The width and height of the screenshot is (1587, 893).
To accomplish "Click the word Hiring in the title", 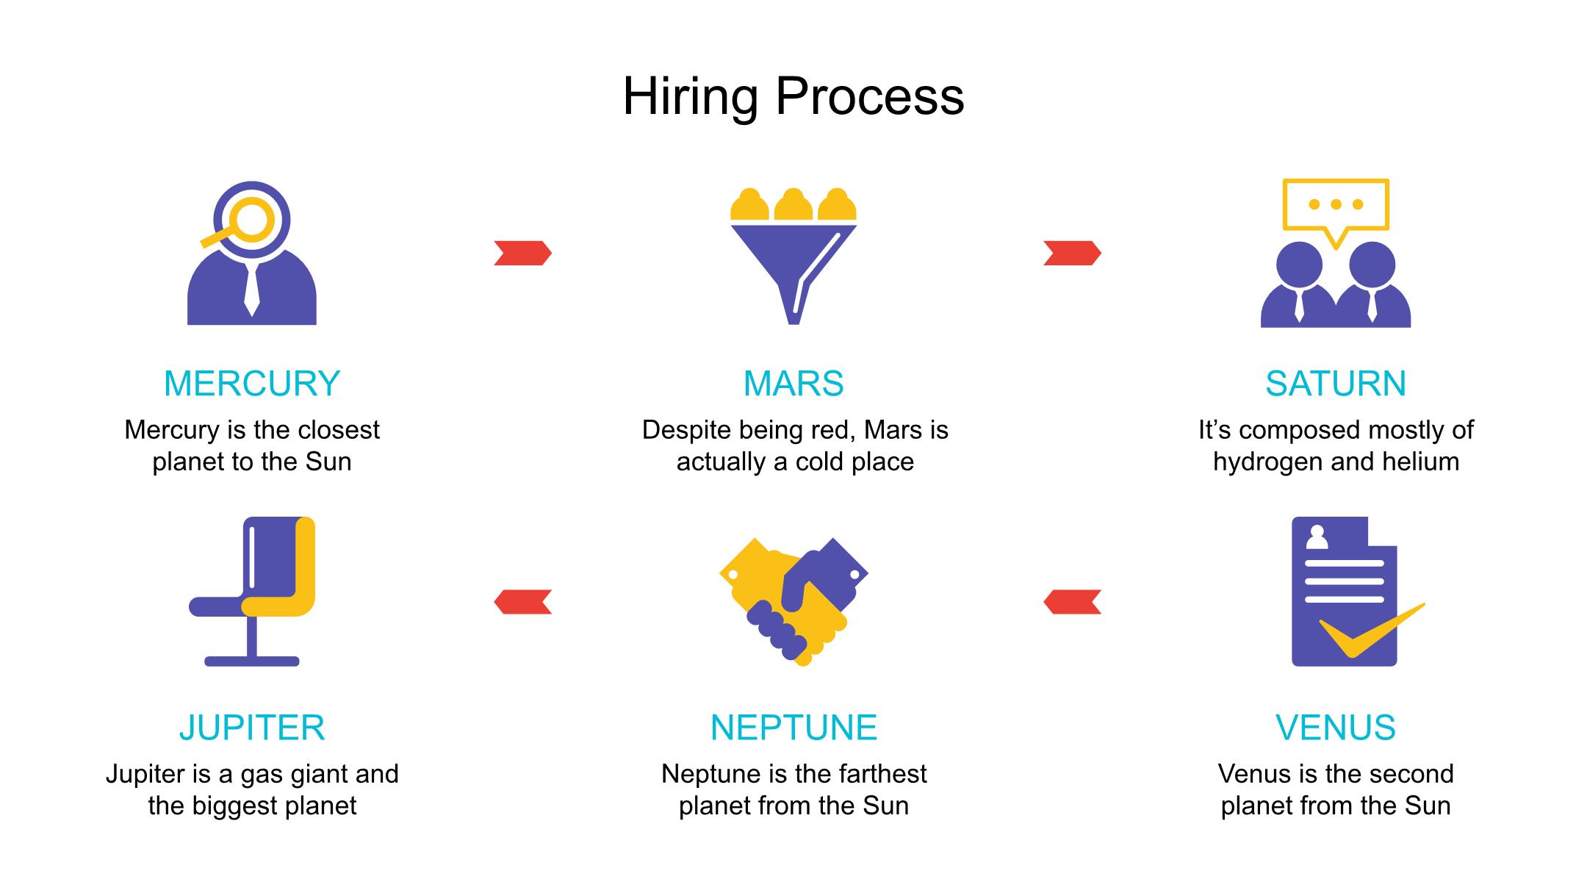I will [689, 97].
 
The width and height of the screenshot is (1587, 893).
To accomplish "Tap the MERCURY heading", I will [251, 384].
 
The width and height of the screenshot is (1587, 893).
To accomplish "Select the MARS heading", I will [794, 384].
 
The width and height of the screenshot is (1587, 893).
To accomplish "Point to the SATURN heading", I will [1335, 384].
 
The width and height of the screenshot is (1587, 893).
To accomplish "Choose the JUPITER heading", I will [251, 728].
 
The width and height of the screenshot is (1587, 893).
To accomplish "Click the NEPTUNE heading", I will [794, 728].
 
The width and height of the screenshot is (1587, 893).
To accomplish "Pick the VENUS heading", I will [1335, 728].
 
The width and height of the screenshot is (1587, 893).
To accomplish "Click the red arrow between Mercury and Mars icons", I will [522, 253].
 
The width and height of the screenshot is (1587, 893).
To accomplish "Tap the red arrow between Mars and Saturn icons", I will [1072, 253].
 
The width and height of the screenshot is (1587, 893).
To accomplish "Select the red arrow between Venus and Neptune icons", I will [1072, 602].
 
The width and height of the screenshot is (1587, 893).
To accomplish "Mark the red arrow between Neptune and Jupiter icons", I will [522, 602].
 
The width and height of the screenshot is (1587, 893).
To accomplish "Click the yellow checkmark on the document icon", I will [1367, 632].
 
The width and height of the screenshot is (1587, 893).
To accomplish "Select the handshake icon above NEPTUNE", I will [794, 599].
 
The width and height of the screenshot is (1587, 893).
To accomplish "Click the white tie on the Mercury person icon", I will [251, 290].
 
